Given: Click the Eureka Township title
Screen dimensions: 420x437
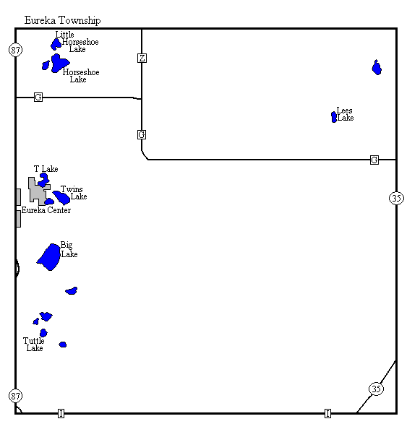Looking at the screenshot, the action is (62, 20).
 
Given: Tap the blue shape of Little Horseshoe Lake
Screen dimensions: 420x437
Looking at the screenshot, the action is (56, 44).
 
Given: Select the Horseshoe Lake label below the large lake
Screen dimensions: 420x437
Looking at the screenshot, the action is (80, 76).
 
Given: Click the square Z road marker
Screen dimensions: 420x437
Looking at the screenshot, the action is (142, 58).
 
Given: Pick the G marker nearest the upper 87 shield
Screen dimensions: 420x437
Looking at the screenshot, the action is (38, 97).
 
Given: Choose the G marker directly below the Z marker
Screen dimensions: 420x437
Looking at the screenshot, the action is (142, 134).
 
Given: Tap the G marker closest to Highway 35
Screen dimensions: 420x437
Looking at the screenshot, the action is (374, 160).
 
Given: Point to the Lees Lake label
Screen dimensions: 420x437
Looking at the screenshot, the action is (346, 114).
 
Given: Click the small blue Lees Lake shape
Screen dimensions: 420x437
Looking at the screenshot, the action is (334, 117).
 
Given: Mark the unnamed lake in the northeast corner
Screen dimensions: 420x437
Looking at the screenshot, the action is (377, 68).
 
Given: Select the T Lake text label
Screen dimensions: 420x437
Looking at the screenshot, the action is (46, 169).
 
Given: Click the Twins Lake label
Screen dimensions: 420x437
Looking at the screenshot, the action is (74, 193).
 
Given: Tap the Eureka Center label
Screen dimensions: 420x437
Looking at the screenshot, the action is (46, 210).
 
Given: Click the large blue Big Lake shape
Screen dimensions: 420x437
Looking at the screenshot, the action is (50, 257).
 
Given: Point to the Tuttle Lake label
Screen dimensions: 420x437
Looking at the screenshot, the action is (34, 345).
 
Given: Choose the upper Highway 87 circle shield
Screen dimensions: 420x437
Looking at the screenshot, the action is (16, 50).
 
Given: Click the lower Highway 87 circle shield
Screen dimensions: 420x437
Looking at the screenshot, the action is (15, 396).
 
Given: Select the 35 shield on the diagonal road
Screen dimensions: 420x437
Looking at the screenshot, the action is (376, 389).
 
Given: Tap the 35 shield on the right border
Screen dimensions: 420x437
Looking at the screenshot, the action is (396, 198).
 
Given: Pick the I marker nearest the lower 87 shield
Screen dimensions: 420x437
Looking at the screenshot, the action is (61, 413).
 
